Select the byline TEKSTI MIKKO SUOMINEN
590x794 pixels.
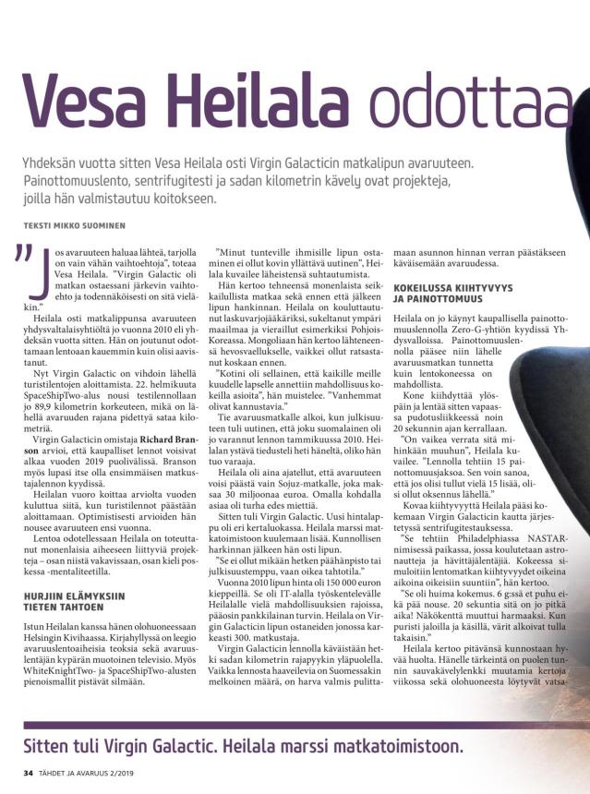(76, 224)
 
